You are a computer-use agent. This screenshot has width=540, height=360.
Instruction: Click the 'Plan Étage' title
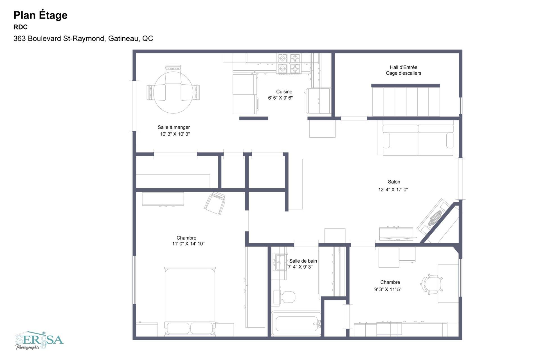(40, 15)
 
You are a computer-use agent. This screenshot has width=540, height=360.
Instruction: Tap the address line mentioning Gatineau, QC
(83, 39)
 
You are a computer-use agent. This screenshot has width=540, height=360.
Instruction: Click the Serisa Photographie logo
(39, 340)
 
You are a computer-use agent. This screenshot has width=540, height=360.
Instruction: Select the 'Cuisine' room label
(284, 91)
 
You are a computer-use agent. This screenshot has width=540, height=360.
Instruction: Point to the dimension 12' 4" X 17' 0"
(393, 189)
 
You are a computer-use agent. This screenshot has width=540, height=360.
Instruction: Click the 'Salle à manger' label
(174, 127)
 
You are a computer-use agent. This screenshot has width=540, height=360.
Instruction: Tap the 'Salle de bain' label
(303, 261)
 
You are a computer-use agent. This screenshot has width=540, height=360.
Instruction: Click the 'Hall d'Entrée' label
(403, 67)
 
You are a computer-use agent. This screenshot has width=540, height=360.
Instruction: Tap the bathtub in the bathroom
(296, 324)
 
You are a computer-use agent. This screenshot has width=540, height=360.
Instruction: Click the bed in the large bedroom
(190, 301)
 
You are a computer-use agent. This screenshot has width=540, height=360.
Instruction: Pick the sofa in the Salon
(418, 140)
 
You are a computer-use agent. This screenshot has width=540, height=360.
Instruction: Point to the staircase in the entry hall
(406, 102)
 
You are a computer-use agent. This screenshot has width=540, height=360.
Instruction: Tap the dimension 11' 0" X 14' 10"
(188, 243)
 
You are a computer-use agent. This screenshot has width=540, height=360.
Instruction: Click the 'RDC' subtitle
(21, 27)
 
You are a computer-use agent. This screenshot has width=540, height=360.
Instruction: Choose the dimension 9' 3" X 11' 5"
(388, 289)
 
